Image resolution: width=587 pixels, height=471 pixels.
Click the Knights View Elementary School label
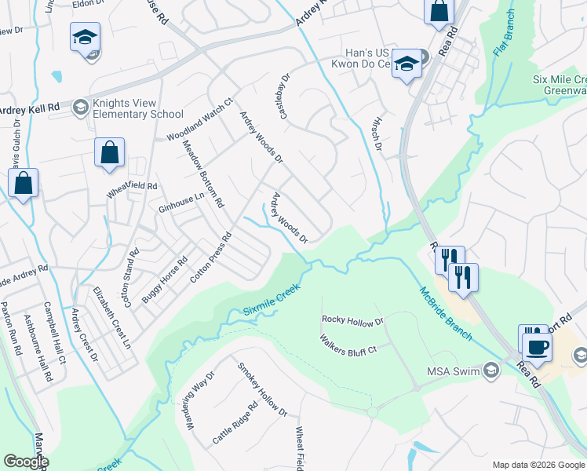tap(138, 108)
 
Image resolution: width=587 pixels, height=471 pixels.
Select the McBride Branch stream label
tap(443, 312)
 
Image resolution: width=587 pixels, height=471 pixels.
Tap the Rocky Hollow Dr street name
tap(352, 320)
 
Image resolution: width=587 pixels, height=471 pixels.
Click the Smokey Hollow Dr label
tap(263, 390)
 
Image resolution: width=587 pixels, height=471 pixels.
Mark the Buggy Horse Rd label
tap(165, 280)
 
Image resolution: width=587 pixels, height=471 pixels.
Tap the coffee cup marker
tap(537, 346)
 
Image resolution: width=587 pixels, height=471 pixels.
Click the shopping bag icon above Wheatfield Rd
tap(109, 152)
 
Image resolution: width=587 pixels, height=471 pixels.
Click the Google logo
tap(25, 462)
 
